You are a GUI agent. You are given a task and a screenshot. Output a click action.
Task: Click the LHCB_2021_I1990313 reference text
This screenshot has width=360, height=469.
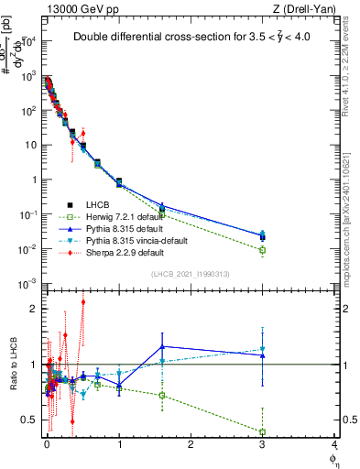point(191,275)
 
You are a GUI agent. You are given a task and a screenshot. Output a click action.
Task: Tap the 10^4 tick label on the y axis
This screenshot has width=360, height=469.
point(28,41)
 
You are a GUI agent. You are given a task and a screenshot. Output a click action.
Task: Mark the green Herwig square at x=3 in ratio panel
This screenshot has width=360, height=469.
point(263,432)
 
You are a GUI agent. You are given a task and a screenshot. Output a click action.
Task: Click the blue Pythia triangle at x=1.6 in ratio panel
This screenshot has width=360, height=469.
point(162,346)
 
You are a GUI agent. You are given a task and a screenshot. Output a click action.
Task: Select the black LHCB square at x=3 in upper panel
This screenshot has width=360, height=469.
point(263,237)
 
